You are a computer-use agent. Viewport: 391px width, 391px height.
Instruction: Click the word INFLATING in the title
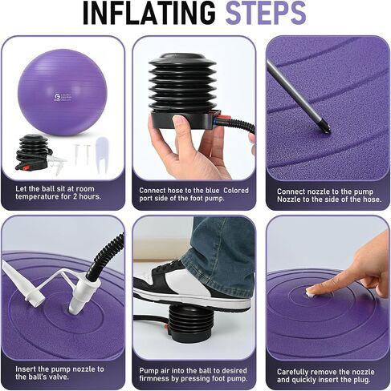[x=149, y=13]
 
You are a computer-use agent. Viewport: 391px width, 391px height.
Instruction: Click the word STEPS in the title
[x=266, y=13]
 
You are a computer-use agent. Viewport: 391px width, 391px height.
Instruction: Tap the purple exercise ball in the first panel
[x=63, y=93]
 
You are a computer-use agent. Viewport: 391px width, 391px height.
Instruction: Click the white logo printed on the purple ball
[x=57, y=97]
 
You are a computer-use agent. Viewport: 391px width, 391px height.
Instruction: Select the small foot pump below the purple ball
[x=33, y=151]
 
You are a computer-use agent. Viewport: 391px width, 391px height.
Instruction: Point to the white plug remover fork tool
[x=101, y=154]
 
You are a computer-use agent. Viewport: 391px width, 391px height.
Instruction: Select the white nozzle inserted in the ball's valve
[x=80, y=293]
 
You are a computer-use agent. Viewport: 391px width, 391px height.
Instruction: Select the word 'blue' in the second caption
[x=213, y=191]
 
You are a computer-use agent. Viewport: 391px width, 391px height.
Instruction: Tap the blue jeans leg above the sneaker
[x=219, y=246]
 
